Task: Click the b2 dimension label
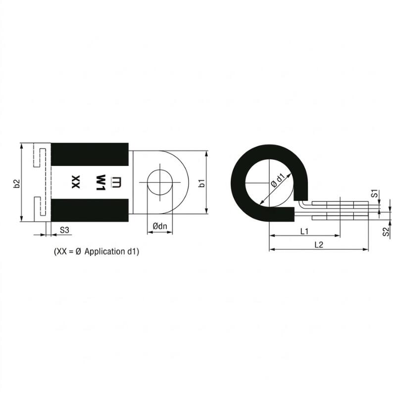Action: (16, 184)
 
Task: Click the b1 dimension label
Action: (202, 183)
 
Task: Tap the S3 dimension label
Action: (64, 230)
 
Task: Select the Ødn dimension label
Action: (160, 226)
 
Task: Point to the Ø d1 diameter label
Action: (278, 180)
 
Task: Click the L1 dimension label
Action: (304, 231)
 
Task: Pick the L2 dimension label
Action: (319, 245)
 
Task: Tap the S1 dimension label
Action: (375, 193)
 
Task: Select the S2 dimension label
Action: (386, 232)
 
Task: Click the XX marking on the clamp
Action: (76, 182)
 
